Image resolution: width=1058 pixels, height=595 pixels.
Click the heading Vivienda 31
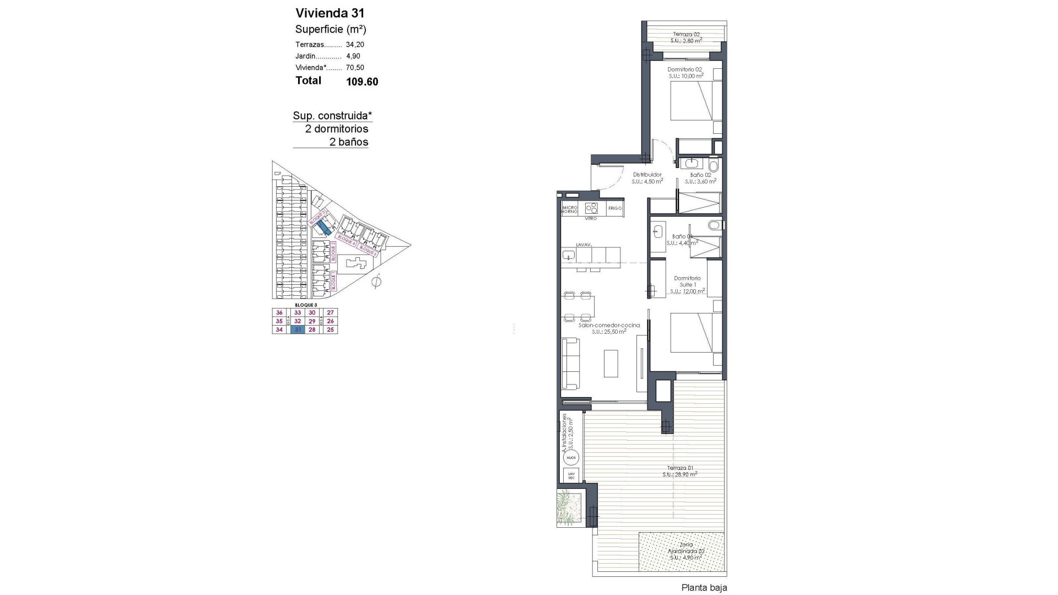[330, 13]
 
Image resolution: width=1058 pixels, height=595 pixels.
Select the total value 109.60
[362, 82]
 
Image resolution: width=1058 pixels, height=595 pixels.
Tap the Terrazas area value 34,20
[355, 45]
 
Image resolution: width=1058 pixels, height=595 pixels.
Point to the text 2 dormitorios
[337, 129]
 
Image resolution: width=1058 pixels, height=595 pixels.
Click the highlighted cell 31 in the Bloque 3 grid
[298, 330]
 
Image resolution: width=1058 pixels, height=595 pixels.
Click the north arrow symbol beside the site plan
[376, 282]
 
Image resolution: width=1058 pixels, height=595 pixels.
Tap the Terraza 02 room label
[686, 34]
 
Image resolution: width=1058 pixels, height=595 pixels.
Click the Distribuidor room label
[647, 175]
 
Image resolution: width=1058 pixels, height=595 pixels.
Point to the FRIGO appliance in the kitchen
[615, 208]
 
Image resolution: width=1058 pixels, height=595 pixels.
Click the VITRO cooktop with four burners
[591, 208]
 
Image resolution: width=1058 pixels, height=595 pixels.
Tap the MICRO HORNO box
[569, 209]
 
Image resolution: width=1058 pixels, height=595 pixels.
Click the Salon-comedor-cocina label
[609, 326]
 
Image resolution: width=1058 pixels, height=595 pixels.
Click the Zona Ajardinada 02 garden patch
[681, 552]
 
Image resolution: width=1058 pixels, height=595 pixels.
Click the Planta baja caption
[704, 588]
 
